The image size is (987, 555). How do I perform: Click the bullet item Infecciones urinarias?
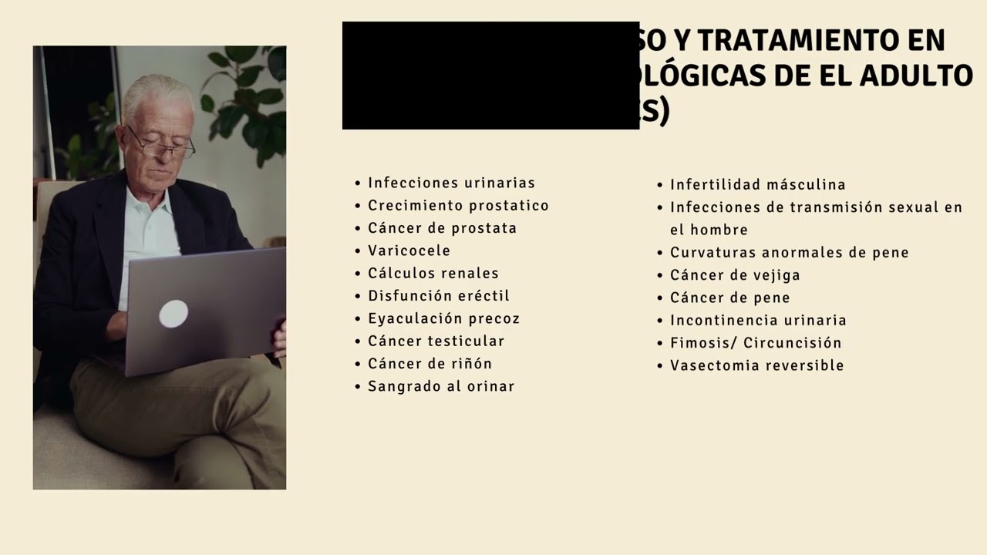pos(451,183)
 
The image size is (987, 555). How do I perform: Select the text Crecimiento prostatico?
pos(458,206)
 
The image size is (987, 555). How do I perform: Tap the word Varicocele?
pos(409,251)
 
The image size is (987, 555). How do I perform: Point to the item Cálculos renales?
pos(433,274)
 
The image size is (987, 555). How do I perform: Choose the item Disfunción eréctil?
pos(438,296)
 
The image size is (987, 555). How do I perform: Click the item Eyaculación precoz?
pos(443,318)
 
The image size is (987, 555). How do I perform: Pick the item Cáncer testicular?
pos(436,341)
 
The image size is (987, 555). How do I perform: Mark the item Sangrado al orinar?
pos(440,386)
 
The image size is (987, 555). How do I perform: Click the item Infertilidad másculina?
pos(757,185)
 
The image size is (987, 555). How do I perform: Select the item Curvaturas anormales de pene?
pos(789,253)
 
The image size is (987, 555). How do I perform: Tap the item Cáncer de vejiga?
pos(735,275)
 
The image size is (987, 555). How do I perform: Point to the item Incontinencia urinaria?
pos(758,321)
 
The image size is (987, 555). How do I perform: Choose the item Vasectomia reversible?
pos(756,365)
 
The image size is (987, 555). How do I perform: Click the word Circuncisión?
pos(792,343)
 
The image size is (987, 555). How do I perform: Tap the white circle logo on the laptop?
pos(173,314)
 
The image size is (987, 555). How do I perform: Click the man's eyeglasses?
pos(162,144)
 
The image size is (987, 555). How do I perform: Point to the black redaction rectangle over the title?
pos(490,76)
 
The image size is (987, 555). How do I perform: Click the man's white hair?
pos(158,92)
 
